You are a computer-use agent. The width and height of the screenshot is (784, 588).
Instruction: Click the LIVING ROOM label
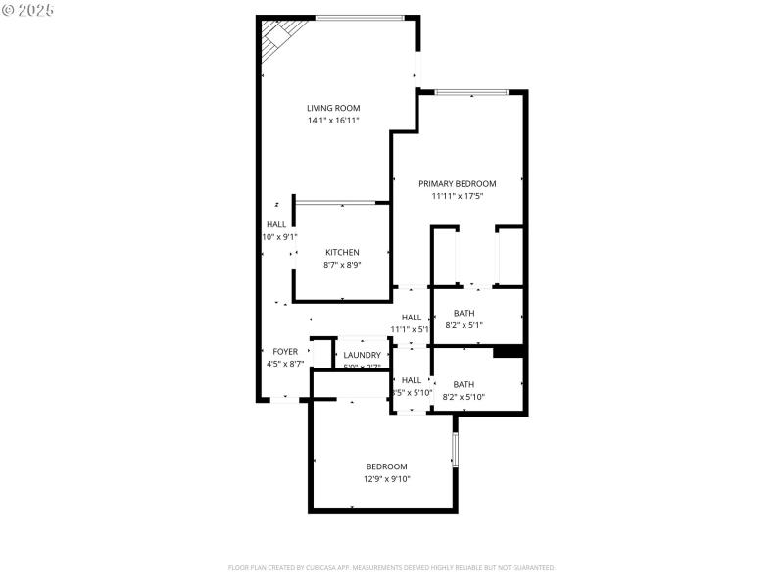(x=333, y=108)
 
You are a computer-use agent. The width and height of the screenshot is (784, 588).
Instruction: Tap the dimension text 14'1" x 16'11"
(x=333, y=121)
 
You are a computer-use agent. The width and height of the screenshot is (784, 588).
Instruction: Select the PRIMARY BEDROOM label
(x=458, y=183)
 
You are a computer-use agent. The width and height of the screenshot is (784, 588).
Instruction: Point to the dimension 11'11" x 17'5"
(x=458, y=196)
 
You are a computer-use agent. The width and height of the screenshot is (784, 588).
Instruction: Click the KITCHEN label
(x=342, y=252)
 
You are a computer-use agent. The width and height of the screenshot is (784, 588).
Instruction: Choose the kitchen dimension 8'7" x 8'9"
(x=342, y=265)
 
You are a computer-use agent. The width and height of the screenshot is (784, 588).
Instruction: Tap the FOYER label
(x=285, y=351)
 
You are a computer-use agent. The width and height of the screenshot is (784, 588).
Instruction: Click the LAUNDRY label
(x=362, y=355)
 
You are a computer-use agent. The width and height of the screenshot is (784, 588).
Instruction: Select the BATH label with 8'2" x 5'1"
(x=464, y=313)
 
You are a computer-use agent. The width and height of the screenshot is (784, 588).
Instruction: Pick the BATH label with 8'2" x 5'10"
(x=464, y=384)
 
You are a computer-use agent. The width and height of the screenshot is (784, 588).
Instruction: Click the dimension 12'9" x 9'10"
(x=387, y=479)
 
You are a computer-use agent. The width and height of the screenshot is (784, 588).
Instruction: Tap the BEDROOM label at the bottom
(x=387, y=466)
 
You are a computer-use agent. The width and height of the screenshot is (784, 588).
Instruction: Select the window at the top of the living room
(x=360, y=17)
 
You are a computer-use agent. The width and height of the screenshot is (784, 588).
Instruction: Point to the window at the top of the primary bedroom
(x=471, y=92)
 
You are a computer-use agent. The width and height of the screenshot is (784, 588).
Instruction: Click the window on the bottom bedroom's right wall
(x=455, y=449)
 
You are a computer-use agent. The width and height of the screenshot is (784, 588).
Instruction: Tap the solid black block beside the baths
(x=509, y=351)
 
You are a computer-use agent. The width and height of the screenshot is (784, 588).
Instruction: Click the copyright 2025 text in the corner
(x=28, y=9)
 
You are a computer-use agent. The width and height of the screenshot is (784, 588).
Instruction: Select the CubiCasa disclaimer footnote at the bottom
(x=392, y=567)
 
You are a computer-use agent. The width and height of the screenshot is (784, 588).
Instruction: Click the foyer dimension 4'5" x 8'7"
(x=285, y=364)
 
